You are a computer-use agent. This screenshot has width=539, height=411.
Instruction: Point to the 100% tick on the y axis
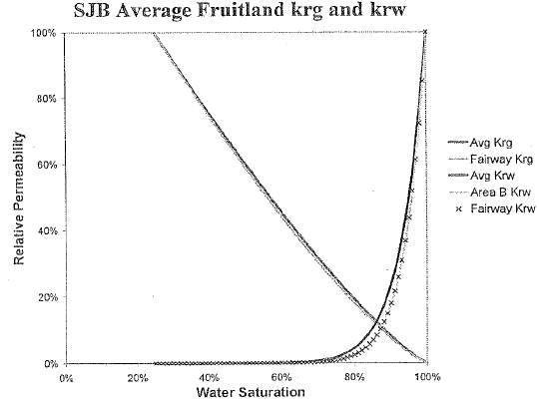tap(43, 33)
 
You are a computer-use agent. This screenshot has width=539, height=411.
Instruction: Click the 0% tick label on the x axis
tap(67, 378)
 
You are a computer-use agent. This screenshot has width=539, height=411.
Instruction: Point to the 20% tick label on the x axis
tap(138, 378)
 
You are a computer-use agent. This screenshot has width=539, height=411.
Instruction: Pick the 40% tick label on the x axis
tap(210, 378)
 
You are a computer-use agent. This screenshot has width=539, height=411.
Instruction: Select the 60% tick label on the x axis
tap(281, 378)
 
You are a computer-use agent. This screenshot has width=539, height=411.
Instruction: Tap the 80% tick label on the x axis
tap(354, 378)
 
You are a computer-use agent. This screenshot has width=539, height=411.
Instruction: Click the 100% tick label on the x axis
tap(425, 378)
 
